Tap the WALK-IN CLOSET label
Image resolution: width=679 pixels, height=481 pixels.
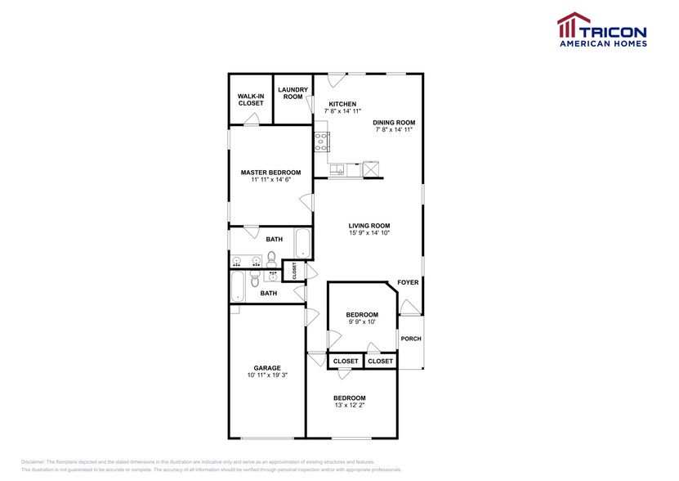click(251, 100)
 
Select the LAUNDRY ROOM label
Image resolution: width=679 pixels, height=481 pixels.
click(292, 93)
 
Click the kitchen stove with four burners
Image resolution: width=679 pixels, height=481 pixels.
click(321, 142)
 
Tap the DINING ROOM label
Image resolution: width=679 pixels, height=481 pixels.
click(395, 123)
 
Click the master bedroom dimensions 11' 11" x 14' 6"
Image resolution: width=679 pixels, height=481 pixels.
click(270, 180)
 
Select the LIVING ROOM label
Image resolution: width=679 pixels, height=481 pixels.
click(369, 226)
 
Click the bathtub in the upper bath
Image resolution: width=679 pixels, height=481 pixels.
click(303, 244)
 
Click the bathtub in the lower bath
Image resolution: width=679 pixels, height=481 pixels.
click(239, 286)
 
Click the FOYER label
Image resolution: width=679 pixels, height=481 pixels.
click(408, 282)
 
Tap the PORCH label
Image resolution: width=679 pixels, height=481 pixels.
click(411, 339)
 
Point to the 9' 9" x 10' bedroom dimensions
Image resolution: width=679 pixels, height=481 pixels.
click(361, 322)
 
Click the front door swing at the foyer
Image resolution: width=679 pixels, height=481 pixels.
click(411, 308)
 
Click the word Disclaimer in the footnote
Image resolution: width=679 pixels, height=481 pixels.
click(37, 461)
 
